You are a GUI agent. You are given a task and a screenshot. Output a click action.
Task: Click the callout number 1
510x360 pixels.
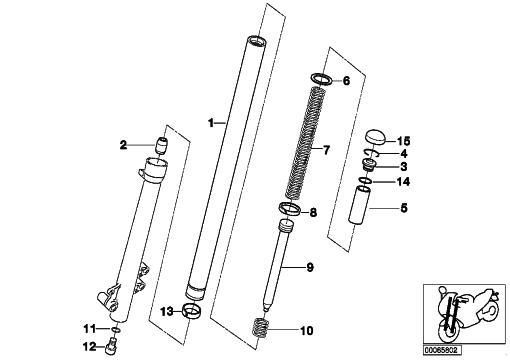[211, 123]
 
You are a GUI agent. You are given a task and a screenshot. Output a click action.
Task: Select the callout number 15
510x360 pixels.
[404, 141]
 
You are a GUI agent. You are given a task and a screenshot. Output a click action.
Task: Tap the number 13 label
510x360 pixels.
[167, 312]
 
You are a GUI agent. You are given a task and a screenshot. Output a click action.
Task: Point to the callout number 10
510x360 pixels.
[307, 331]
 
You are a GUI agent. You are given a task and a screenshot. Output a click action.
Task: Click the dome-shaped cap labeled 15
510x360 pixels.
[375, 136]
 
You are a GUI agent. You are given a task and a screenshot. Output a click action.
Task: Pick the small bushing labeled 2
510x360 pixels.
[162, 146]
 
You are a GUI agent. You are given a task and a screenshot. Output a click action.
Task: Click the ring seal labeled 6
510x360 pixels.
[322, 79]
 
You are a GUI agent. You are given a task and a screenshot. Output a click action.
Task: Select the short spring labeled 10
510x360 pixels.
[261, 328]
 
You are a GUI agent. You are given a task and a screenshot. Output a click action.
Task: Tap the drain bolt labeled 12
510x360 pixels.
[111, 345]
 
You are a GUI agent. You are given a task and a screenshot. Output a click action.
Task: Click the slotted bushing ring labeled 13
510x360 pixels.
[192, 311]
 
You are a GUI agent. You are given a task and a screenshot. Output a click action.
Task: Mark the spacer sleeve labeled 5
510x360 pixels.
[360, 205]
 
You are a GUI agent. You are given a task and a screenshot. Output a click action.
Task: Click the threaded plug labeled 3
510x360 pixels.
[369, 165]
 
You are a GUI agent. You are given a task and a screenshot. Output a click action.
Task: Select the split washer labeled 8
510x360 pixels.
[289, 209]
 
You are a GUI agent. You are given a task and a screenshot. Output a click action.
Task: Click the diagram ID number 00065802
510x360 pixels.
[443, 350]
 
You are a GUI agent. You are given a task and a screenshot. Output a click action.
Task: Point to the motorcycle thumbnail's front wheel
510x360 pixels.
[446, 330]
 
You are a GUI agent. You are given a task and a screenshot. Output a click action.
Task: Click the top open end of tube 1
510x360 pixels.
[256, 42]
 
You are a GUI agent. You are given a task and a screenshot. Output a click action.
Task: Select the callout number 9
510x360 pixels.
[310, 267]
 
